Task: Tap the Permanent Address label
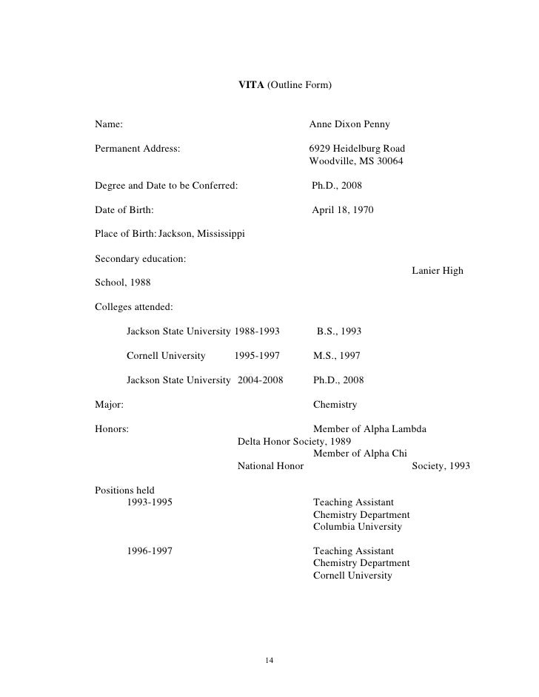point(138,148)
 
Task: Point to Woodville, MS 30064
point(355,161)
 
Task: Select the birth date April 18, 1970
point(342,210)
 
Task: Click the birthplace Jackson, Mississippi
point(202,235)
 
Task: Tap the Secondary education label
point(141,259)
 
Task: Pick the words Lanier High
point(437,271)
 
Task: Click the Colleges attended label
point(134,306)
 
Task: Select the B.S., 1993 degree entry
point(339,331)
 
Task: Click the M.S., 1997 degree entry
point(336,356)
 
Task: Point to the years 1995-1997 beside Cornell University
point(257,356)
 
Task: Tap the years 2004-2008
point(260,380)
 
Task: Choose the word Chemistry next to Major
point(335,405)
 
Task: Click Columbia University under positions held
point(357,527)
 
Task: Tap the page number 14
point(269,660)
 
